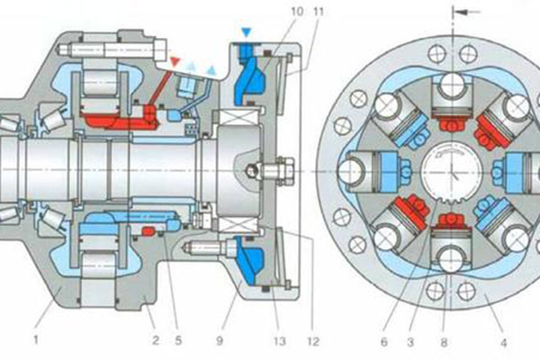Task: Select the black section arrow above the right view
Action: point(463,12)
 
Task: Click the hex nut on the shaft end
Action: point(279,168)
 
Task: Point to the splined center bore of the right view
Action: point(448,172)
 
